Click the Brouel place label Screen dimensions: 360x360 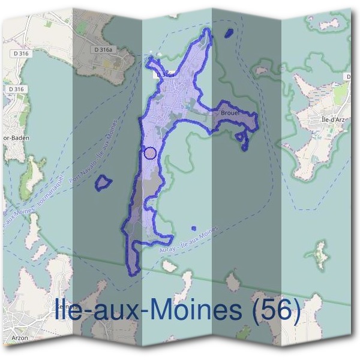point(230,112)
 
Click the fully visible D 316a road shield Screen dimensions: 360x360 point(103,50)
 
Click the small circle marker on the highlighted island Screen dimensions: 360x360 point(151,153)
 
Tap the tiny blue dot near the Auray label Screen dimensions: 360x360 point(194,228)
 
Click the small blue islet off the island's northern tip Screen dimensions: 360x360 point(228,33)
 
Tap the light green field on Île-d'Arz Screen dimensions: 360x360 point(341,93)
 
